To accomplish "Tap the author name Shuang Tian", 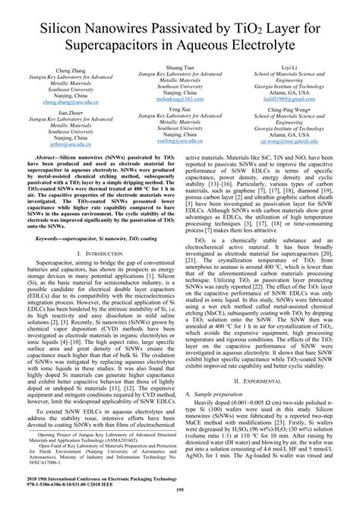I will pos(179,68).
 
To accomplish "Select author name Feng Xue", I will pos(179,110).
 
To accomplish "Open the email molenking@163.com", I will pos(179,100).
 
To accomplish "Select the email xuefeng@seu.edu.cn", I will pos(179,141).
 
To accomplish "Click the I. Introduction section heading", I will pos(95,253).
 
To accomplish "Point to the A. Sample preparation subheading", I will pos(216,414).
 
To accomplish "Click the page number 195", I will pos(179,501).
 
